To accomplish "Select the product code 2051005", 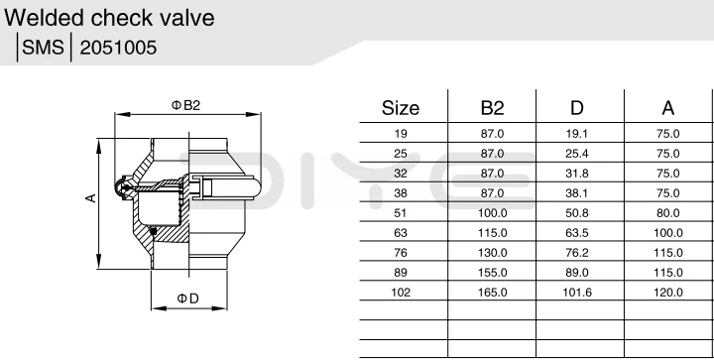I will [x=117, y=48].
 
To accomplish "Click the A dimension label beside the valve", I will [x=90, y=198].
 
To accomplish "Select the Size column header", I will [x=401, y=108].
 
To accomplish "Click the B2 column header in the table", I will [x=493, y=108].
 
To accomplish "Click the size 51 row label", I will [x=401, y=212].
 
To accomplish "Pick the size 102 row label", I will [x=401, y=292].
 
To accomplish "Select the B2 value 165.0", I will [x=493, y=292].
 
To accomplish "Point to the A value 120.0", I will [x=667, y=292].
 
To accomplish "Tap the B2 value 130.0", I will [x=493, y=252].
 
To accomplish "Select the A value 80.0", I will [x=667, y=212].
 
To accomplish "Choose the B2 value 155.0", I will [x=493, y=272].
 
